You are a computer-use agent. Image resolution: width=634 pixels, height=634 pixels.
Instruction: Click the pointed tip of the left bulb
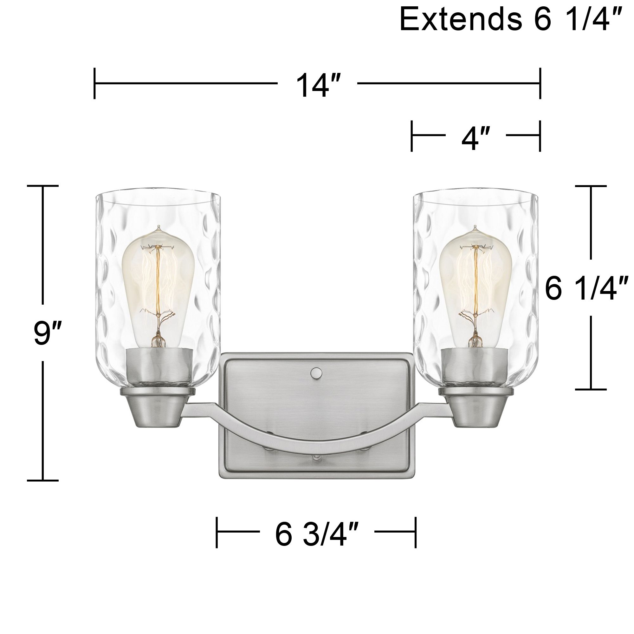[x=159, y=226]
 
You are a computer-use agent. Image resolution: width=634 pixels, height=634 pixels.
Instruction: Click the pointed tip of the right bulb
[x=475, y=226]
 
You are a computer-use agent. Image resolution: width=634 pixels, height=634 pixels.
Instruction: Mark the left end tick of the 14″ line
[x=94, y=83]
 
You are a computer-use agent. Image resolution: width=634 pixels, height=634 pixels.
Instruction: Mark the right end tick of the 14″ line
[x=540, y=83]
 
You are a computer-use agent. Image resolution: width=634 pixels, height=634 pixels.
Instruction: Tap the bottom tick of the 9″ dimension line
[x=43, y=481]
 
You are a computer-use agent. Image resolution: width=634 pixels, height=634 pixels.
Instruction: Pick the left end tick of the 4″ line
[x=411, y=136]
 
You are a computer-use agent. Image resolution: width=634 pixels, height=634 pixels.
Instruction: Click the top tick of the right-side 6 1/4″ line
[x=591, y=186]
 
